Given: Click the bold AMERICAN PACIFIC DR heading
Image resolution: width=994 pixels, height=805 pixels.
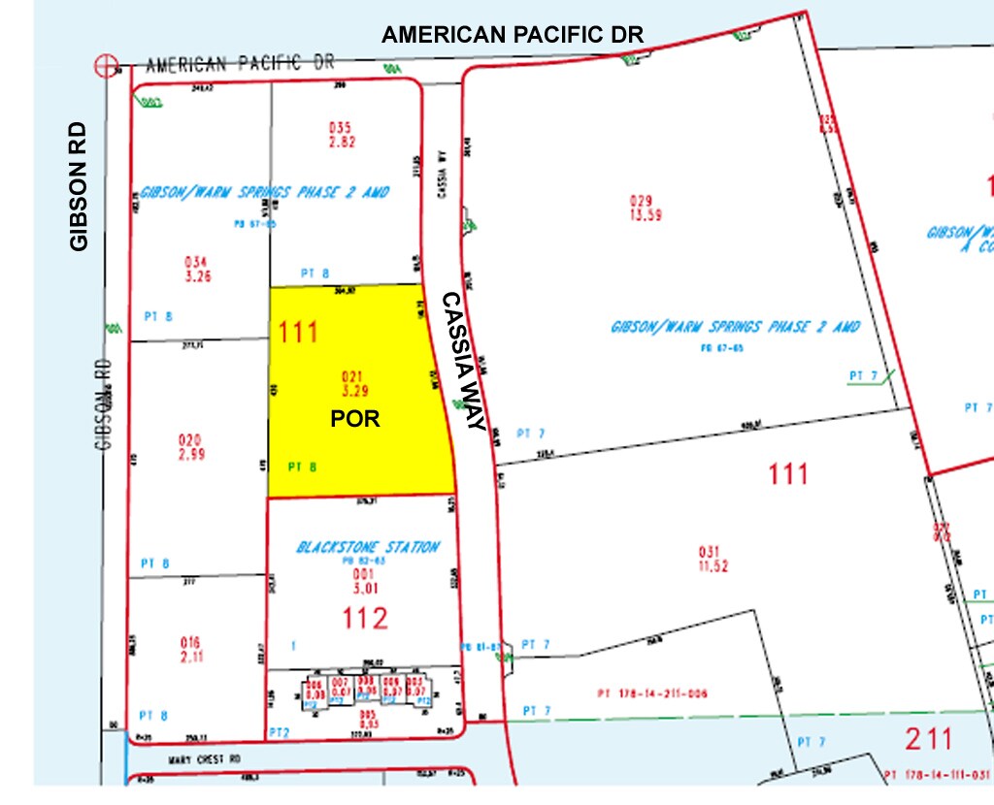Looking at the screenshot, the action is pyautogui.click(x=513, y=35).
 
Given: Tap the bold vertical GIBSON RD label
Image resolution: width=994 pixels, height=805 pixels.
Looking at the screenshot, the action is pyautogui.click(x=79, y=186).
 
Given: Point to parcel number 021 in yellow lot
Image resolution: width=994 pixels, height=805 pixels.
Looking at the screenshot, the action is pyautogui.click(x=350, y=375).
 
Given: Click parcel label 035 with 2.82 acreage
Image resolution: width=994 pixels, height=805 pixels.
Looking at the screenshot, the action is pyautogui.click(x=339, y=126).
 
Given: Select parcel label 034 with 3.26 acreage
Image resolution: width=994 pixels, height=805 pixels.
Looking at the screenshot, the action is pyautogui.click(x=197, y=261).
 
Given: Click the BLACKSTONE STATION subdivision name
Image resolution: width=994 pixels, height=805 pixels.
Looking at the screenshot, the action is pyautogui.click(x=368, y=548).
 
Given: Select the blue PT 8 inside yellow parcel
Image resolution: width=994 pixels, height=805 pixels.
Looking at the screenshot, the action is pyautogui.click(x=304, y=466).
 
